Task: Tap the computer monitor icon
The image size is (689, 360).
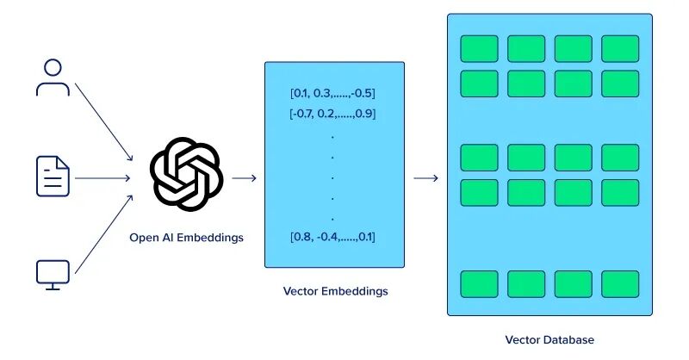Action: [x=53, y=274]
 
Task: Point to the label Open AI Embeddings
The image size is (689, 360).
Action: [x=185, y=237]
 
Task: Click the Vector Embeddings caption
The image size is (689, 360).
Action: [x=335, y=291]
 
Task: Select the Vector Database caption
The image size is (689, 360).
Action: [x=549, y=340]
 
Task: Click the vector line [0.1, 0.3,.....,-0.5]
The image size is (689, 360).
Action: [x=332, y=93]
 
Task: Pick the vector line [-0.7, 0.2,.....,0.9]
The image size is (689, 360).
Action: [x=332, y=113]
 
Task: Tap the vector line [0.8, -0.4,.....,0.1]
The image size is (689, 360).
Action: [x=332, y=237]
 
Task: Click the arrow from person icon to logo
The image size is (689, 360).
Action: [x=103, y=121]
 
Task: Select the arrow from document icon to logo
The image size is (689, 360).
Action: [x=102, y=178]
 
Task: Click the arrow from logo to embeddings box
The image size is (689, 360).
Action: [x=245, y=178]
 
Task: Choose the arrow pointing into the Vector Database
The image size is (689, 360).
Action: [x=425, y=178]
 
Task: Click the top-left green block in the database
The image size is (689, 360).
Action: [x=479, y=48]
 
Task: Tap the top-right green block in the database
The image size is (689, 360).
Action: [x=619, y=48]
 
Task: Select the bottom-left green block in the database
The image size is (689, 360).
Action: [x=479, y=283]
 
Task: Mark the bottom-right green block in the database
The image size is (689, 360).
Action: [x=619, y=283]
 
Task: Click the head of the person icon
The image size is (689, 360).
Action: [x=53, y=67]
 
